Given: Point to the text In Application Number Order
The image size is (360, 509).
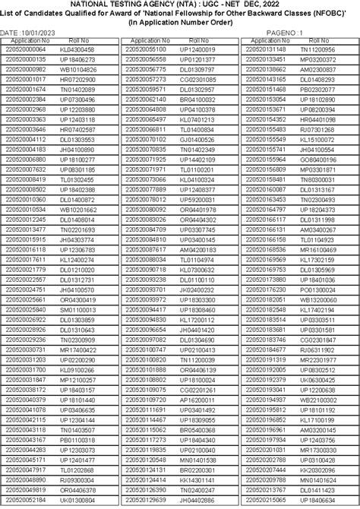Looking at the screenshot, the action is (180, 24).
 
